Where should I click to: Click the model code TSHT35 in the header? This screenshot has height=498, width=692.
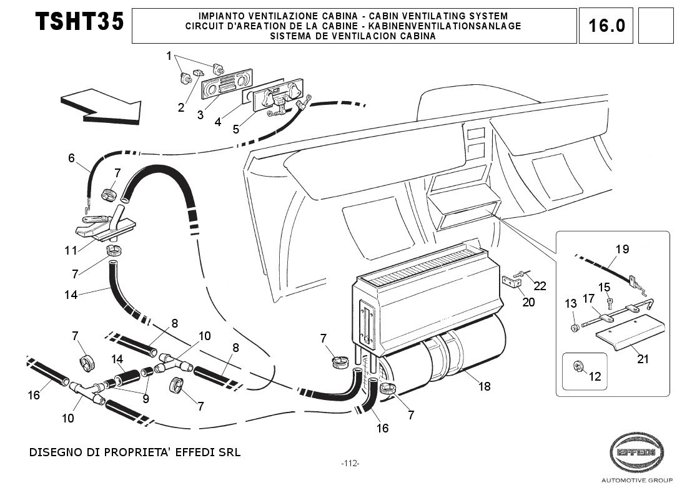pos(79,22)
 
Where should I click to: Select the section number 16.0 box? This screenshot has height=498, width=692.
pos(606,26)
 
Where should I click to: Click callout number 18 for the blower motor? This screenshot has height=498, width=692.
pos(484,387)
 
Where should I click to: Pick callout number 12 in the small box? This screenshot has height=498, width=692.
pos(595,377)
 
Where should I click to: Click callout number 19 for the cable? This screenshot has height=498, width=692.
pos(621,249)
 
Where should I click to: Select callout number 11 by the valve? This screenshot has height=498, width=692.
pos(71,250)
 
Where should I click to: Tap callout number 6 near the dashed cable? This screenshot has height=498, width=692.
pos(71,158)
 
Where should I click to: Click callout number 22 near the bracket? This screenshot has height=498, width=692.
pos(540,286)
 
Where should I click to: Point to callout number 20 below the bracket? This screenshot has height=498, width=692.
pos(528,302)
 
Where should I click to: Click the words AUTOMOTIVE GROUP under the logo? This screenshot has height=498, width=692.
pos(636,480)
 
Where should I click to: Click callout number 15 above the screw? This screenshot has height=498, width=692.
pos(603,286)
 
